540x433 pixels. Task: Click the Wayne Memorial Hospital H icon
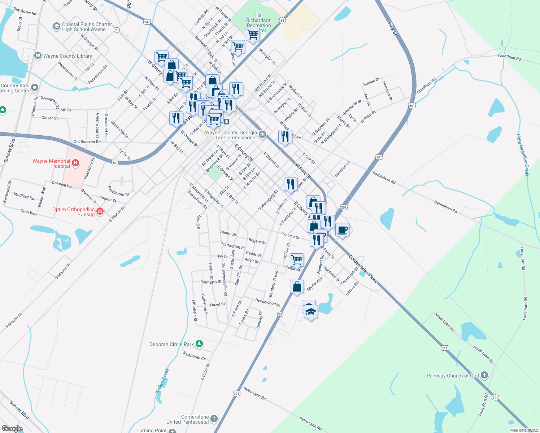(75, 163)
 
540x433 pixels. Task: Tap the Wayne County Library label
(67, 56)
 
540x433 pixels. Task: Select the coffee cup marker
(342, 229)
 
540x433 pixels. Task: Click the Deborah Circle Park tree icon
(199, 344)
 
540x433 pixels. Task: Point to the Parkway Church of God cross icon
(484, 376)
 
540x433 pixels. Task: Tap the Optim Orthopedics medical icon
(100, 211)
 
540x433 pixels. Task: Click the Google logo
(12, 429)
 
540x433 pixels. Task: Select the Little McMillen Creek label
(522, 155)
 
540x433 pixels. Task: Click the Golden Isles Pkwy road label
(363, 269)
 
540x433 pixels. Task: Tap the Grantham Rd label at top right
(509, 57)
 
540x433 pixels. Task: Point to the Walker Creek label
(162, 381)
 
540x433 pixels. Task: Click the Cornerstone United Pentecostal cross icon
(214, 419)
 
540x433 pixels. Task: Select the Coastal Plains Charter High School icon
(56, 26)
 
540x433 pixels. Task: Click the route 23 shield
(280, 314)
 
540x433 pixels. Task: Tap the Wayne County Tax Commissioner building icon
(262, 135)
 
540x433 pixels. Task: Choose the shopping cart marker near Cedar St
(297, 259)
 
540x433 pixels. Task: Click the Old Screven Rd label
(87, 142)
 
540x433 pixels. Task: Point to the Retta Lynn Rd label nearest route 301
(255, 393)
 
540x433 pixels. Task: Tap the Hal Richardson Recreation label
(259, 21)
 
